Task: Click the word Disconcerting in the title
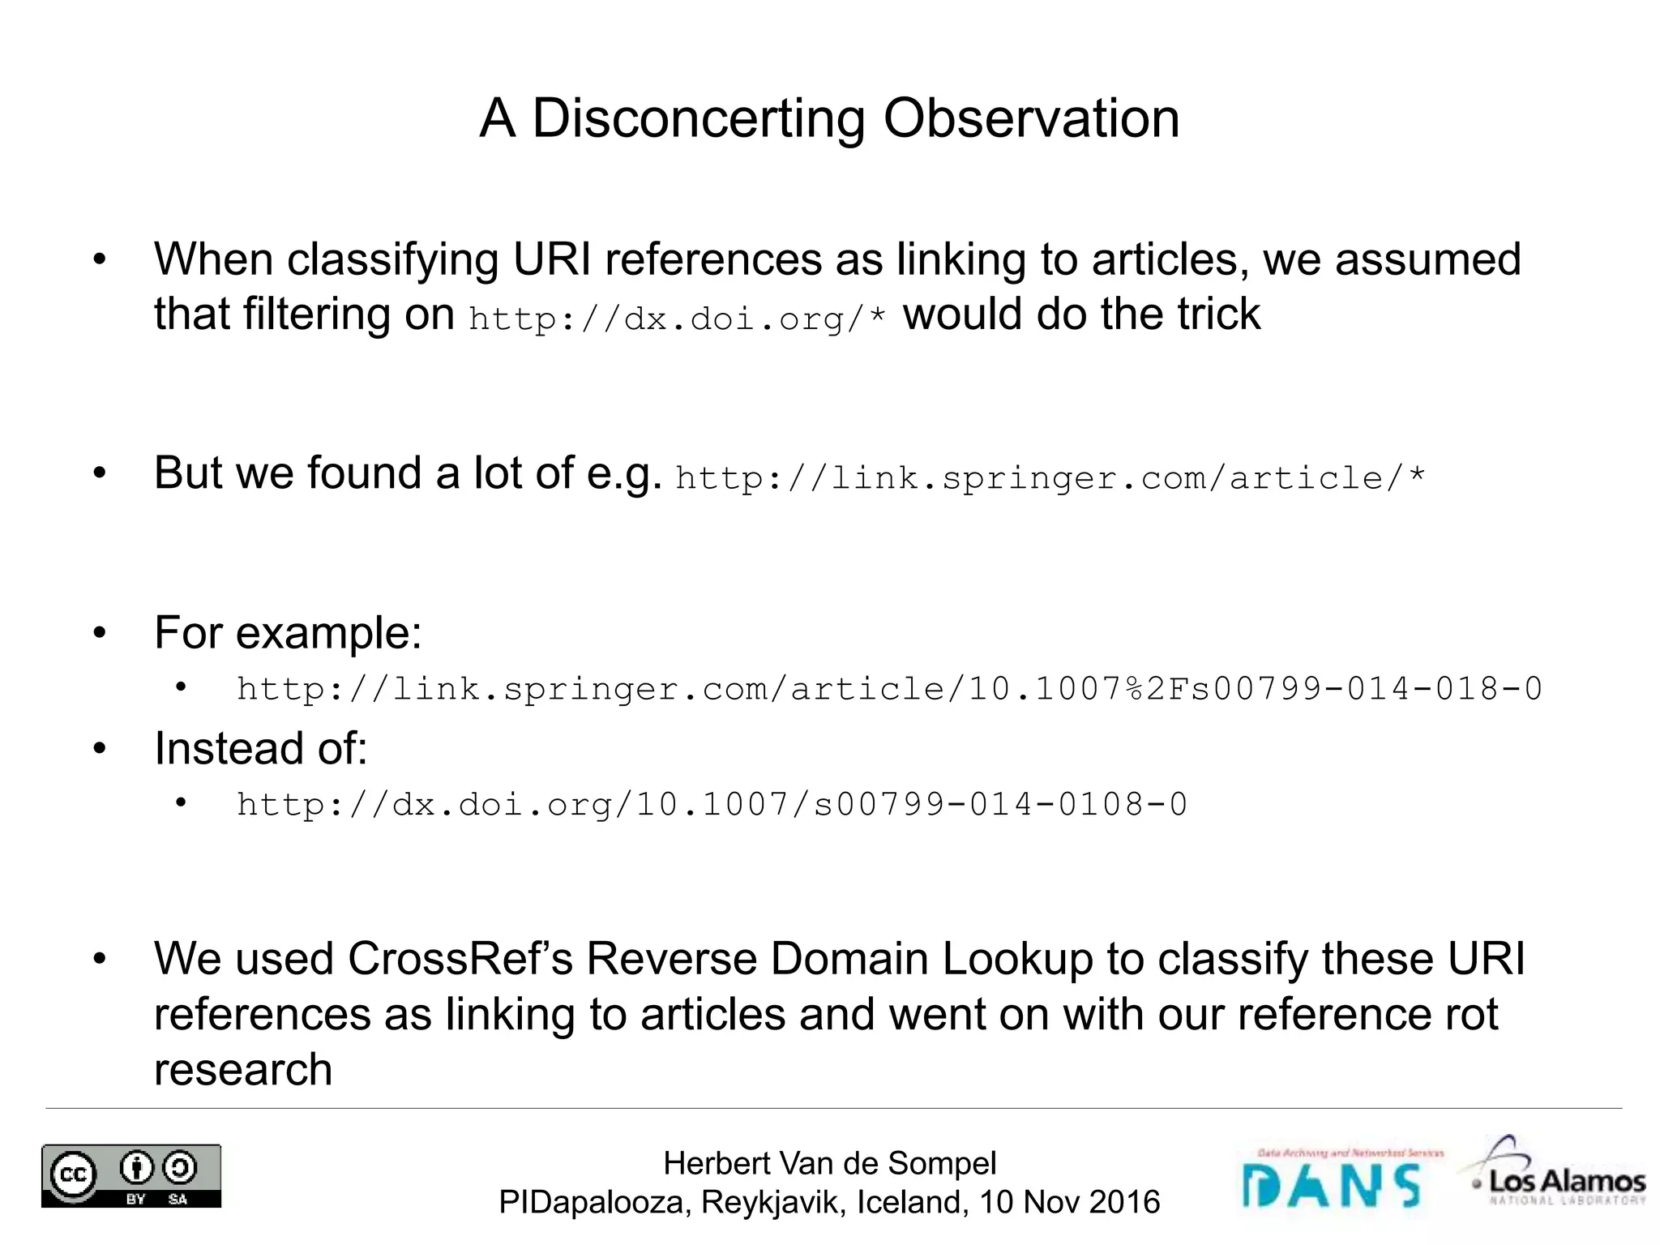tap(700, 119)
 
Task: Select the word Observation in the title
tap(1031, 119)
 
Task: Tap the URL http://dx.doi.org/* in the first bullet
tap(678, 319)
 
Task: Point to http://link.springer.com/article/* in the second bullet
tap(1050, 478)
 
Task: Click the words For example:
tap(288, 632)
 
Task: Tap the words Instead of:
tap(260, 747)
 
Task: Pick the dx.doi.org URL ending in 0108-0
tap(712, 805)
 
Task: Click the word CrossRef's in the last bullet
tap(460, 959)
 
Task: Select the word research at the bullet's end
tap(243, 1069)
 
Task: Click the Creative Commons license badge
tap(131, 1176)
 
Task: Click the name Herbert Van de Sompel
tap(829, 1163)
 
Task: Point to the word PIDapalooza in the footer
tap(594, 1202)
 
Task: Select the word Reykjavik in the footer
tap(773, 1202)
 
